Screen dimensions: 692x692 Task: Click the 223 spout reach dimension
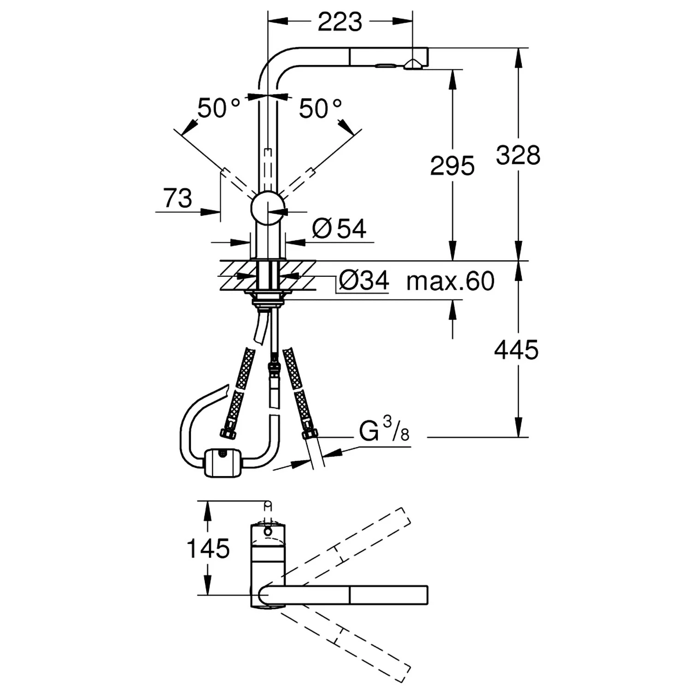[x=340, y=22]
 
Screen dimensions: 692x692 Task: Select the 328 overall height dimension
[x=518, y=155]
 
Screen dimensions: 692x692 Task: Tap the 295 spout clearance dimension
[x=452, y=166]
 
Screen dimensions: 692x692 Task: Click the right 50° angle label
[x=320, y=109]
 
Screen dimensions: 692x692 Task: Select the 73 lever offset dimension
[x=178, y=198]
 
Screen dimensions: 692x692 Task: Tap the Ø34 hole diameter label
[x=364, y=280]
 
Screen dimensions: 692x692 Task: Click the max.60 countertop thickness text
[x=450, y=281]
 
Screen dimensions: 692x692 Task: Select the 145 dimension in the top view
[x=208, y=549]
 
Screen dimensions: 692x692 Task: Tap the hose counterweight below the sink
[x=222, y=462]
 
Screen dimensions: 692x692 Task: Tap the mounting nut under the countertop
[x=267, y=302]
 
